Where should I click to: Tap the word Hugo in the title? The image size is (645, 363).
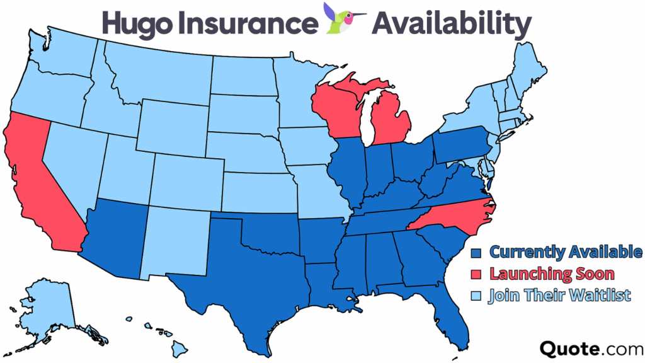[135, 23]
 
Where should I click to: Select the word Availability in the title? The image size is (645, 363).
[451, 23]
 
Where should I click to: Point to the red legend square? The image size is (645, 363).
[477, 275]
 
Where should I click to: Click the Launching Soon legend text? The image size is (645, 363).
[551, 275]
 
